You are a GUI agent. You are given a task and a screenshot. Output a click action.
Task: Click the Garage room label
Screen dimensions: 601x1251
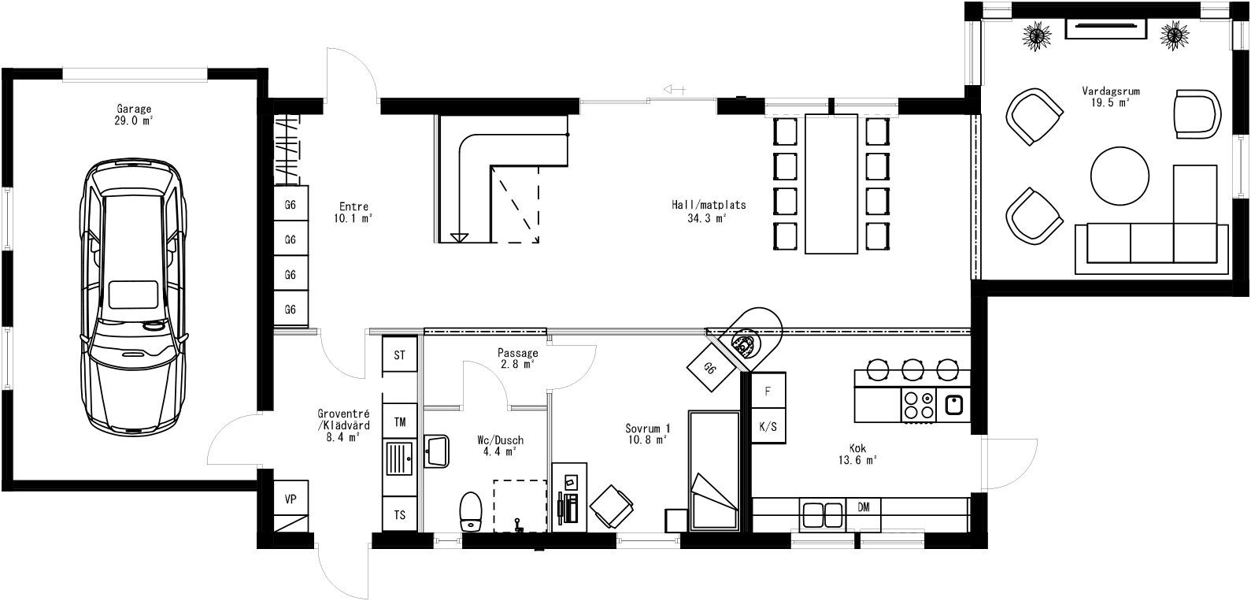(134, 115)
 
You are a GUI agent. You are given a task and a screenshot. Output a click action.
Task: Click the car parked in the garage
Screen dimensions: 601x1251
(134, 295)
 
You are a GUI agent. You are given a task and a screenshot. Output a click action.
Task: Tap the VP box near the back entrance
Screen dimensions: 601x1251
(291, 499)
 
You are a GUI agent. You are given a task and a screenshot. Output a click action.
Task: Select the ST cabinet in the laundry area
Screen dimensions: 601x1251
(399, 355)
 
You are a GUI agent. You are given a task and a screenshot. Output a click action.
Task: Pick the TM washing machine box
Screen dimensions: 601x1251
(399, 422)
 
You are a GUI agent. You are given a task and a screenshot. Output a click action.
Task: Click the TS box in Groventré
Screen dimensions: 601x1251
(399, 514)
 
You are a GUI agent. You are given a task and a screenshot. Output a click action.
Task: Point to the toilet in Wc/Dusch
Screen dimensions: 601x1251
(471, 512)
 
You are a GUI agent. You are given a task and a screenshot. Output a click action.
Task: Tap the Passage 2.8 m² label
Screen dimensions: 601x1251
(517, 358)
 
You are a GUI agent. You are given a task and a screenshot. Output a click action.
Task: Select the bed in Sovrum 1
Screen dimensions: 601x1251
(713, 470)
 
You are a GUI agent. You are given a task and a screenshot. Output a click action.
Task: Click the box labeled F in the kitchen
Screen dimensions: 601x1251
(768, 391)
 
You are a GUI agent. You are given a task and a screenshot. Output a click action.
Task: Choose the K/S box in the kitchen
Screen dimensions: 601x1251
(768, 427)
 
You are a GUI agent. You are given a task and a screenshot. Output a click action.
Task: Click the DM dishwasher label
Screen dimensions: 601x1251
(864, 507)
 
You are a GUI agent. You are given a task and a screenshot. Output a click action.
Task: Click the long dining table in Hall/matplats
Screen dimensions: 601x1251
(831, 184)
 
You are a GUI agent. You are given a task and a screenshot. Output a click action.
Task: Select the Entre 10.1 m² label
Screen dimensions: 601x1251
(354, 213)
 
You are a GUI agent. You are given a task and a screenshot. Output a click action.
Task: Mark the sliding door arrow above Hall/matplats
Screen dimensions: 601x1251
(674, 89)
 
